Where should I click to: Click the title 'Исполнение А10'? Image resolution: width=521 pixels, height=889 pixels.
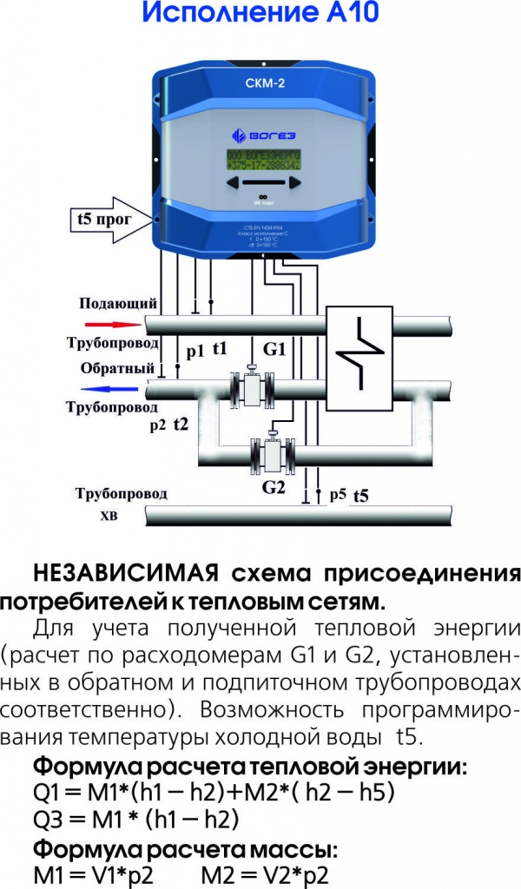(260, 16)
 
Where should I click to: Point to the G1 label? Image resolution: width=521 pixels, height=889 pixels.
(274, 350)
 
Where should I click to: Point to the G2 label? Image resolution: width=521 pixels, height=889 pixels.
(274, 487)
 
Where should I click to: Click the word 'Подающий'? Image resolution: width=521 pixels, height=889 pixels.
(118, 304)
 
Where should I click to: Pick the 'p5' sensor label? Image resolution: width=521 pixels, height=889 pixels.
(338, 495)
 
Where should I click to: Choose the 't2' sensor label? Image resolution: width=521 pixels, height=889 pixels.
(181, 424)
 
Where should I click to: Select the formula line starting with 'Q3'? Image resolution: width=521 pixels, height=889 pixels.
(135, 819)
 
